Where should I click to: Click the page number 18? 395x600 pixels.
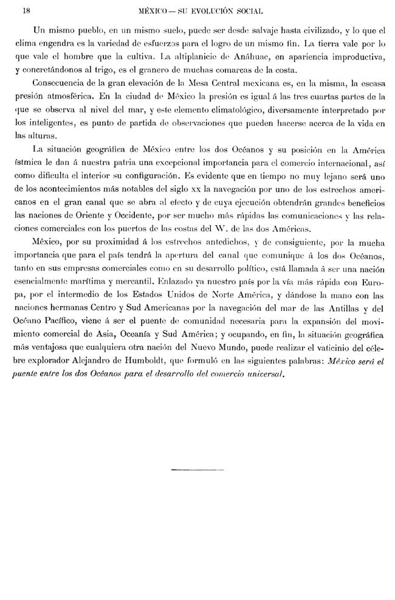pyautogui.click(x=26, y=11)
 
